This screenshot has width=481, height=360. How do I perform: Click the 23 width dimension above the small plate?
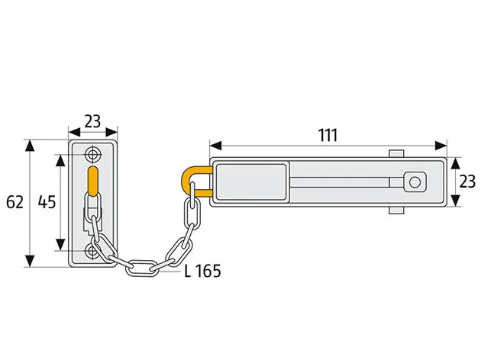pyautogui.click(x=92, y=121)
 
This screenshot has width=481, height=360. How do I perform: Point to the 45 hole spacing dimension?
pyautogui.click(x=46, y=203)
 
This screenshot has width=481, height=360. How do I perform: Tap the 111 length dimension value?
pyautogui.click(x=328, y=135)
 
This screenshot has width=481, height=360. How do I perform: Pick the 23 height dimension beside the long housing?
pyautogui.click(x=467, y=182)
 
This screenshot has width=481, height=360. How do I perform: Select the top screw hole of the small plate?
pyautogui.click(x=93, y=154)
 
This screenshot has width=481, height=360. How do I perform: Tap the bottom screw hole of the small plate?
pyautogui.click(x=93, y=249)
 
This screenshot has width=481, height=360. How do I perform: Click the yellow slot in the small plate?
pyautogui.click(x=93, y=182)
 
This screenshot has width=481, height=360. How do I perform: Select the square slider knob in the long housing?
pyautogui.click(x=415, y=182)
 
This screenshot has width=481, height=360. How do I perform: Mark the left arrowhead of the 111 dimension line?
pyautogui.click(x=215, y=146)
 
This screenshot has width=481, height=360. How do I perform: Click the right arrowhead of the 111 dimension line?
pyautogui.click(x=442, y=146)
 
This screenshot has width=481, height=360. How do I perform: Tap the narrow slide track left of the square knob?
pyautogui.click(x=347, y=182)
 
